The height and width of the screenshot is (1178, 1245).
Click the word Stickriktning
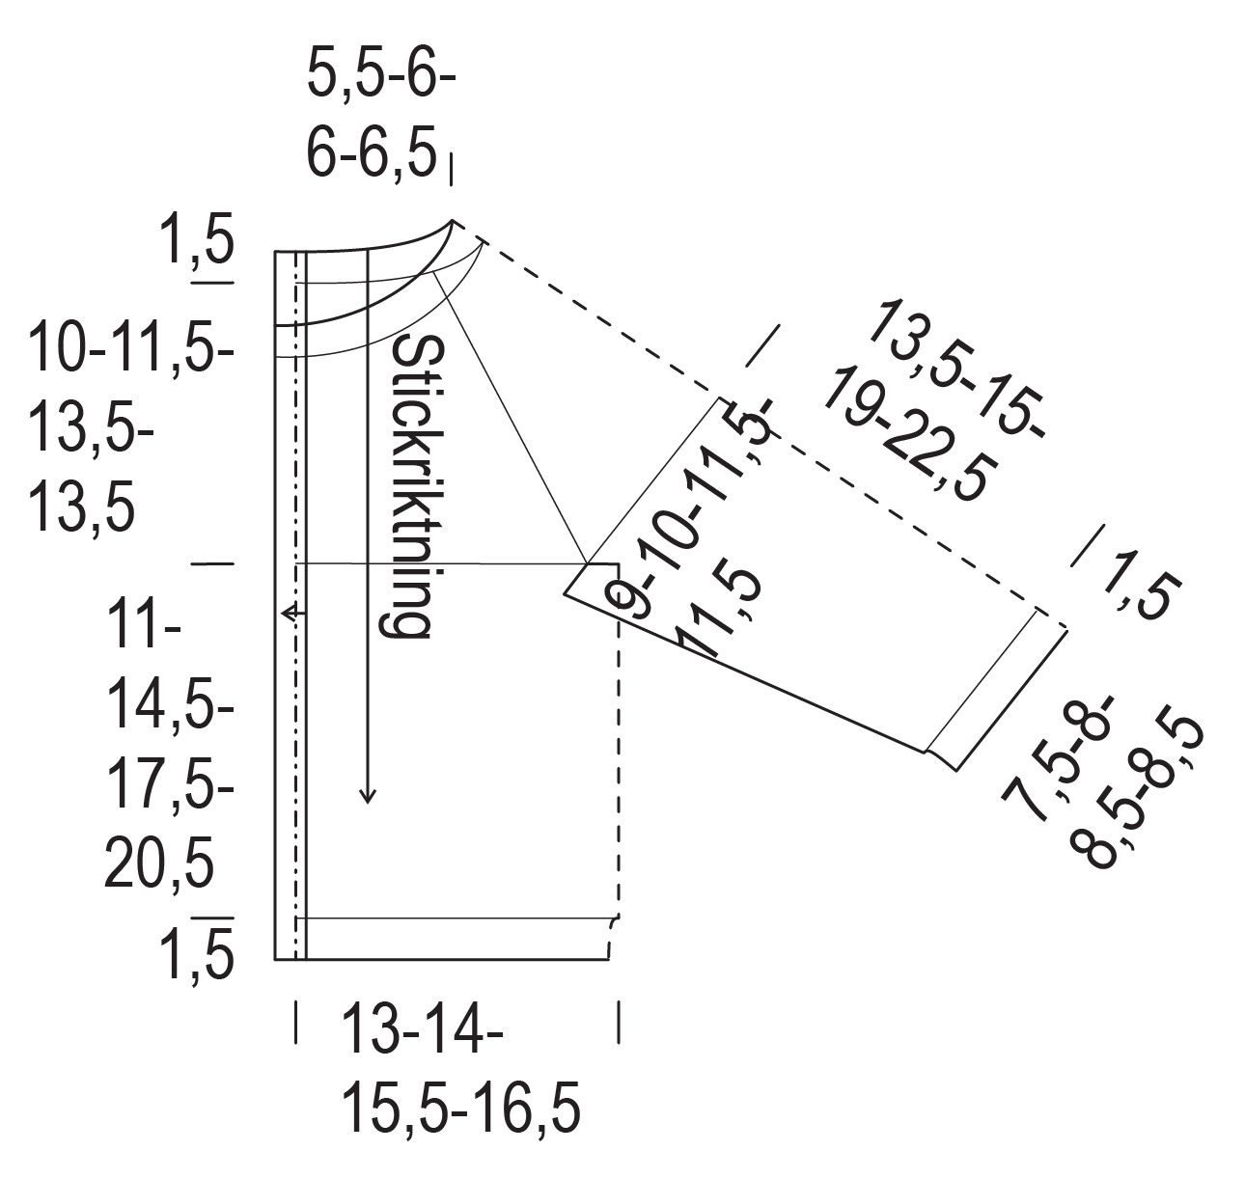coord(414,486)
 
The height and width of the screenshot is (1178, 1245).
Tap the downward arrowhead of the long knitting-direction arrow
coord(368,797)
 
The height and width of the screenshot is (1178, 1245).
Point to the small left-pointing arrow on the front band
coord(293,613)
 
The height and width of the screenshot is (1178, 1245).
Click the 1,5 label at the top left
coord(198,238)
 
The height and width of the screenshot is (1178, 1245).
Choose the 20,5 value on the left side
coord(158,863)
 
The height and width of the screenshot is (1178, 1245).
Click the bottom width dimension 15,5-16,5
coord(460,1108)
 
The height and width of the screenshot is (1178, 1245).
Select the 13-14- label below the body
coord(423,1028)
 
